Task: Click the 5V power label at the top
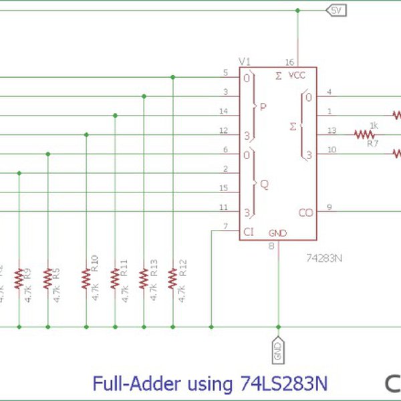tap(336, 11)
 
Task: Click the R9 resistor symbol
tap(19, 278)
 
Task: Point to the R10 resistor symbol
tap(86, 278)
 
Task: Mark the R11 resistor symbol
tap(115, 278)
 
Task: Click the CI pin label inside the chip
tap(248, 232)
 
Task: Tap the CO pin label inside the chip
tap(306, 213)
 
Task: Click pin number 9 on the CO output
tap(329, 207)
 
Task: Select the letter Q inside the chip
tap(265, 183)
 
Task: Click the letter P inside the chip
tap(264, 106)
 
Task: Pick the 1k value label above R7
tap(374, 125)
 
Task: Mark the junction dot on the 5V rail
tap(297, 11)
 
